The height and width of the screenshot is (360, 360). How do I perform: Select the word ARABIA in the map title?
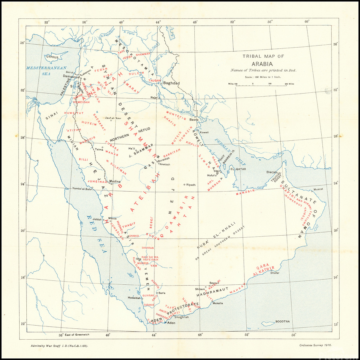pyautogui.click(x=262, y=64)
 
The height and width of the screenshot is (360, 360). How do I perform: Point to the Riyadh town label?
pyautogui.click(x=191, y=185)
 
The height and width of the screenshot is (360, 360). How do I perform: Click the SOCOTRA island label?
pyautogui.click(x=282, y=322)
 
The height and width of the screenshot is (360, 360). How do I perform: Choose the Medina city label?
pyautogui.click(x=115, y=181)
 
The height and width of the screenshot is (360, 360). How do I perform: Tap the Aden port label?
pyautogui.click(x=171, y=322)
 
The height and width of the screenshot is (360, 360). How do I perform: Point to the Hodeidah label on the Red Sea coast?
pyautogui.click(x=134, y=298)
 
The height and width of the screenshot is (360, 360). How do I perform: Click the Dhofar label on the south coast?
pyautogui.click(x=275, y=273)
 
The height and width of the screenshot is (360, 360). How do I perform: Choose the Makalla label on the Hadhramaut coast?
pyautogui.click(x=218, y=303)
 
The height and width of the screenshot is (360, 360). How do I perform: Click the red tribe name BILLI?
pyautogui.click(x=83, y=159)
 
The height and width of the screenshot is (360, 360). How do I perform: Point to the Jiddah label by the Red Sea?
pyautogui.click(x=97, y=220)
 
